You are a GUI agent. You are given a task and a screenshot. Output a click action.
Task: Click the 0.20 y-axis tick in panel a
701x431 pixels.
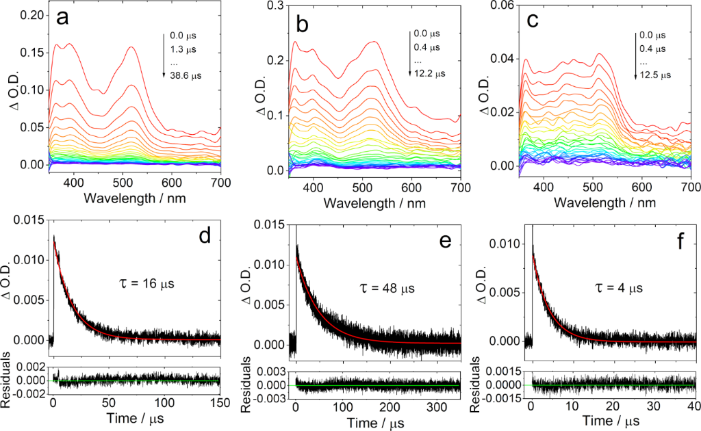(x=34, y=15)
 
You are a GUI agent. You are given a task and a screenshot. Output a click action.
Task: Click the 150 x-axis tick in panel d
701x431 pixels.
(x=220, y=402)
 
